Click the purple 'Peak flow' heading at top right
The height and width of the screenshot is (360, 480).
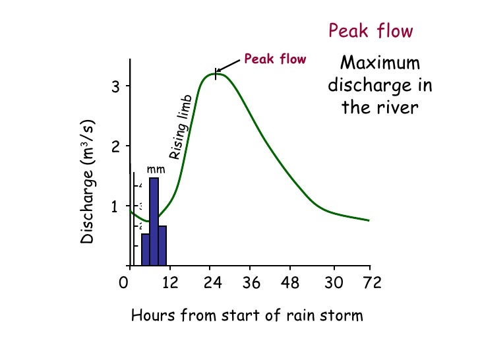click(x=371, y=31)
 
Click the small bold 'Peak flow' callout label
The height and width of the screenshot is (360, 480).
click(x=275, y=59)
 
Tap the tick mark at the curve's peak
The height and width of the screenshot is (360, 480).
click(x=216, y=73)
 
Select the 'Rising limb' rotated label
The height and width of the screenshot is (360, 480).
click(x=180, y=127)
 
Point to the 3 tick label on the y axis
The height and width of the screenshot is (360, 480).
click(x=115, y=86)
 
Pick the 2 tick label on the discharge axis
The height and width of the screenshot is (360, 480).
click(x=115, y=146)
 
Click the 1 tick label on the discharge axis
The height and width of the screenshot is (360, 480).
click(x=115, y=206)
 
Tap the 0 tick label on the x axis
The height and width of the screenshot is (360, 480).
click(x=123, y=284)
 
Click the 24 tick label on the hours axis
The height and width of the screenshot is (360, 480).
click(x=212, y=284)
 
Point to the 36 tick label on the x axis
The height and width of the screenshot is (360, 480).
click(x=251, y=284)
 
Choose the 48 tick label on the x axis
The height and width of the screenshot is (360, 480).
click(x=290, y=284)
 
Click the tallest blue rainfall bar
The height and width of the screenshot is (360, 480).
click(x=154, y=221)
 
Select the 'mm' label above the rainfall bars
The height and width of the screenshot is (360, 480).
click(x=156, y=169)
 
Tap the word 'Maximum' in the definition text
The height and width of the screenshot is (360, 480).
click(x=380, y=63)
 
